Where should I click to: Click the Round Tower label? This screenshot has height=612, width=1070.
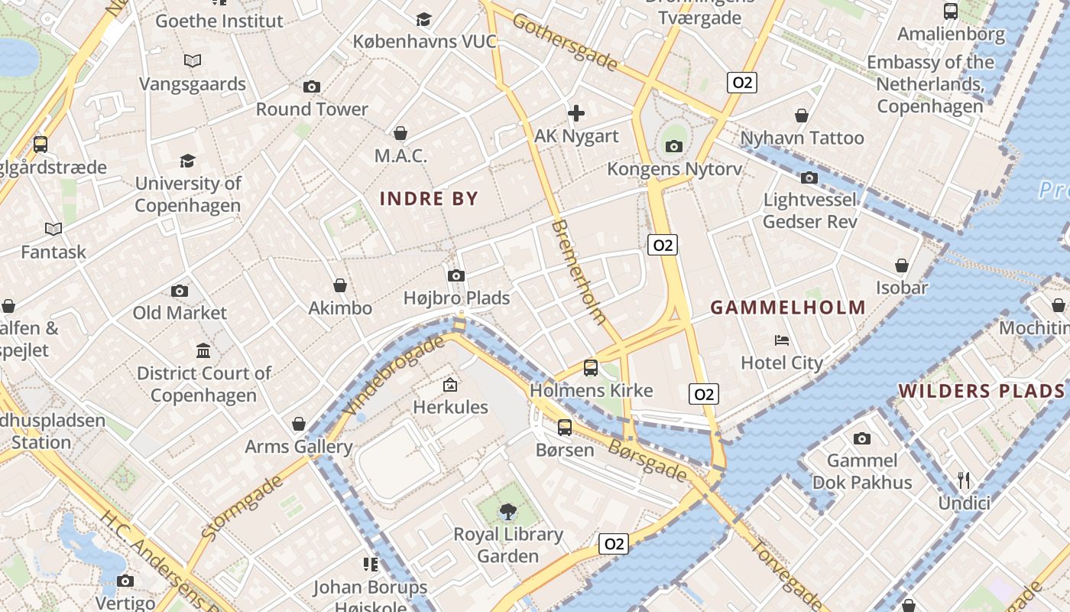point(312,109)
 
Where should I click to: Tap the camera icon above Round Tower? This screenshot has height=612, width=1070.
point(311,86)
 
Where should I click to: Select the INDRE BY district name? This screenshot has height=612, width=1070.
point(429,199)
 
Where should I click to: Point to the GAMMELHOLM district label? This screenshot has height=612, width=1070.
point(788,308)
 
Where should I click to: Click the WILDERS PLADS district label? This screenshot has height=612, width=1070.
point(981,391)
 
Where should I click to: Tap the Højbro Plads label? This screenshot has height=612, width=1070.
point(456,298)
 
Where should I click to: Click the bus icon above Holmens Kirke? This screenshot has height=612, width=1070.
point(591,368)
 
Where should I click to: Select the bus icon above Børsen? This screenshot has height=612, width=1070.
point(565,428)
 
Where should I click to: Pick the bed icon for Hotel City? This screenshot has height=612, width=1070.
point(782,340)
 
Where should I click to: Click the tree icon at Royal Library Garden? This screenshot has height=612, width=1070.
point(507,511)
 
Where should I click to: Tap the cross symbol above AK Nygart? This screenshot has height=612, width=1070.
point(576,114)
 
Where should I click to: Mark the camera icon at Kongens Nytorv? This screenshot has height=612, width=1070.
point(673,146)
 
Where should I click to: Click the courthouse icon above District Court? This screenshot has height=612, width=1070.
point(203,350)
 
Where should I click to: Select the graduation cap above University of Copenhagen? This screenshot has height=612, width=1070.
point(187,161)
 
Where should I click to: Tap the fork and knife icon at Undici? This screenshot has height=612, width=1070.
point(964,480)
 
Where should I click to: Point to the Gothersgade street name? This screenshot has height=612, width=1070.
point(565,43)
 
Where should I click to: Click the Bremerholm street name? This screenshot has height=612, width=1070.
point(579,272)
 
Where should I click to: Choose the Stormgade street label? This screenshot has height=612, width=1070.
point(242,507)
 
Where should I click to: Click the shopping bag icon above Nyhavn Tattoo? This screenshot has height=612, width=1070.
point(802,116)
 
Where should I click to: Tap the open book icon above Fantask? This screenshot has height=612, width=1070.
point(53,229)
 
